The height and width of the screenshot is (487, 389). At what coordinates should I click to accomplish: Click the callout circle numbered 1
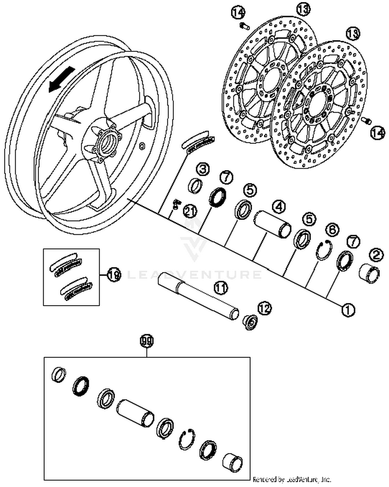[x=348, y=310]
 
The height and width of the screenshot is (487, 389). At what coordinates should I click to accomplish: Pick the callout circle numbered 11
[x=220, y=288]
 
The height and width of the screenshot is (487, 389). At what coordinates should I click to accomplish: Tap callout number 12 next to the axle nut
[x=264, y=308]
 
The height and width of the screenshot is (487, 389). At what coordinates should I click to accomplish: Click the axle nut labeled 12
[x=250, y=323]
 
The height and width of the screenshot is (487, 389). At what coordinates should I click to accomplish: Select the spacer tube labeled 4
[x=272, y=224]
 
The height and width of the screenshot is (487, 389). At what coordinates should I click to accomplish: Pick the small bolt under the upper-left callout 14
[x=244, y=26]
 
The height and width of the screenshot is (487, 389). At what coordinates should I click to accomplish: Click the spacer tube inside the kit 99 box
[x=135, y=413]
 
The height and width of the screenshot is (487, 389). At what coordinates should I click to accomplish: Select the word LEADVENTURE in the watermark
[x=195, y=275]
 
